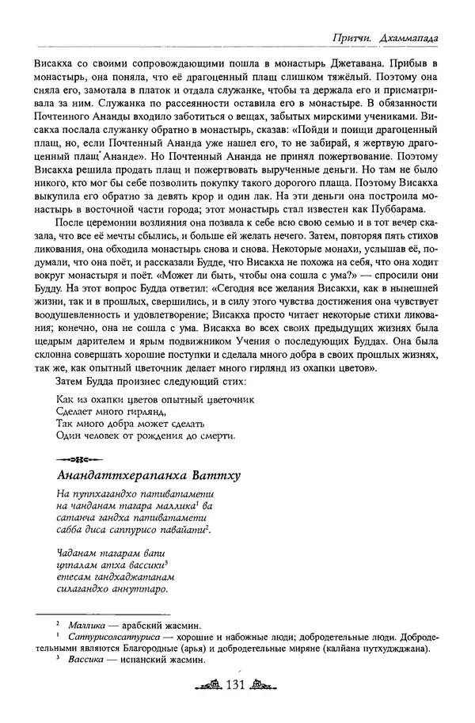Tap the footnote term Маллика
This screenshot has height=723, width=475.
tap(87, 625)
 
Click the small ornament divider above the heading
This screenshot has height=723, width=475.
tap(80, 459)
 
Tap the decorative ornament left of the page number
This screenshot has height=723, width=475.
tap(207, 687)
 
